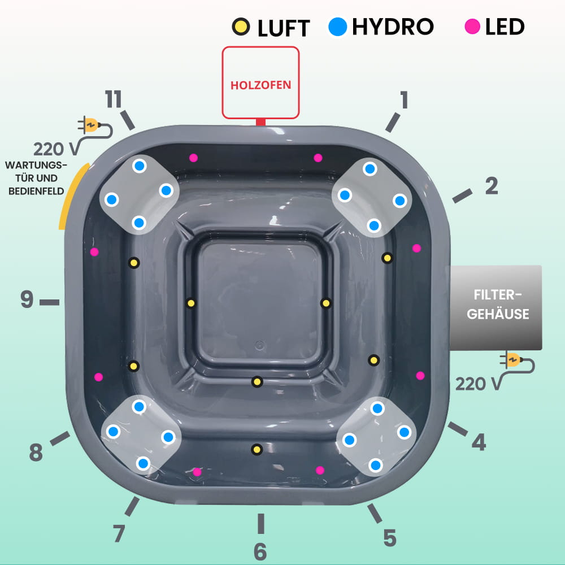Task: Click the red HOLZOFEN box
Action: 260,82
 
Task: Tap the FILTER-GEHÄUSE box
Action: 496,308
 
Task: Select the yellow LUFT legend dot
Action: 241,27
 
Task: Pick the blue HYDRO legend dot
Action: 338,27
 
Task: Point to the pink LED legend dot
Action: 472,27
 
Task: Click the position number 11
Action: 113,99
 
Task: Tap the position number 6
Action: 260,551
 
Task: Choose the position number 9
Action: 27,299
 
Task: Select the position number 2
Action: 492,186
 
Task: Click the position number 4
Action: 479,442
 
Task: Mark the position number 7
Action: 119,533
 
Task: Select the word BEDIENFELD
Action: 36,191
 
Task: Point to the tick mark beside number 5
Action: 375,513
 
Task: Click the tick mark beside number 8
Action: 60,438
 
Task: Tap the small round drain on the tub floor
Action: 259,345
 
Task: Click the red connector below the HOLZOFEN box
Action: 260,122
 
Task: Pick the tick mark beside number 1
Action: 393,123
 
